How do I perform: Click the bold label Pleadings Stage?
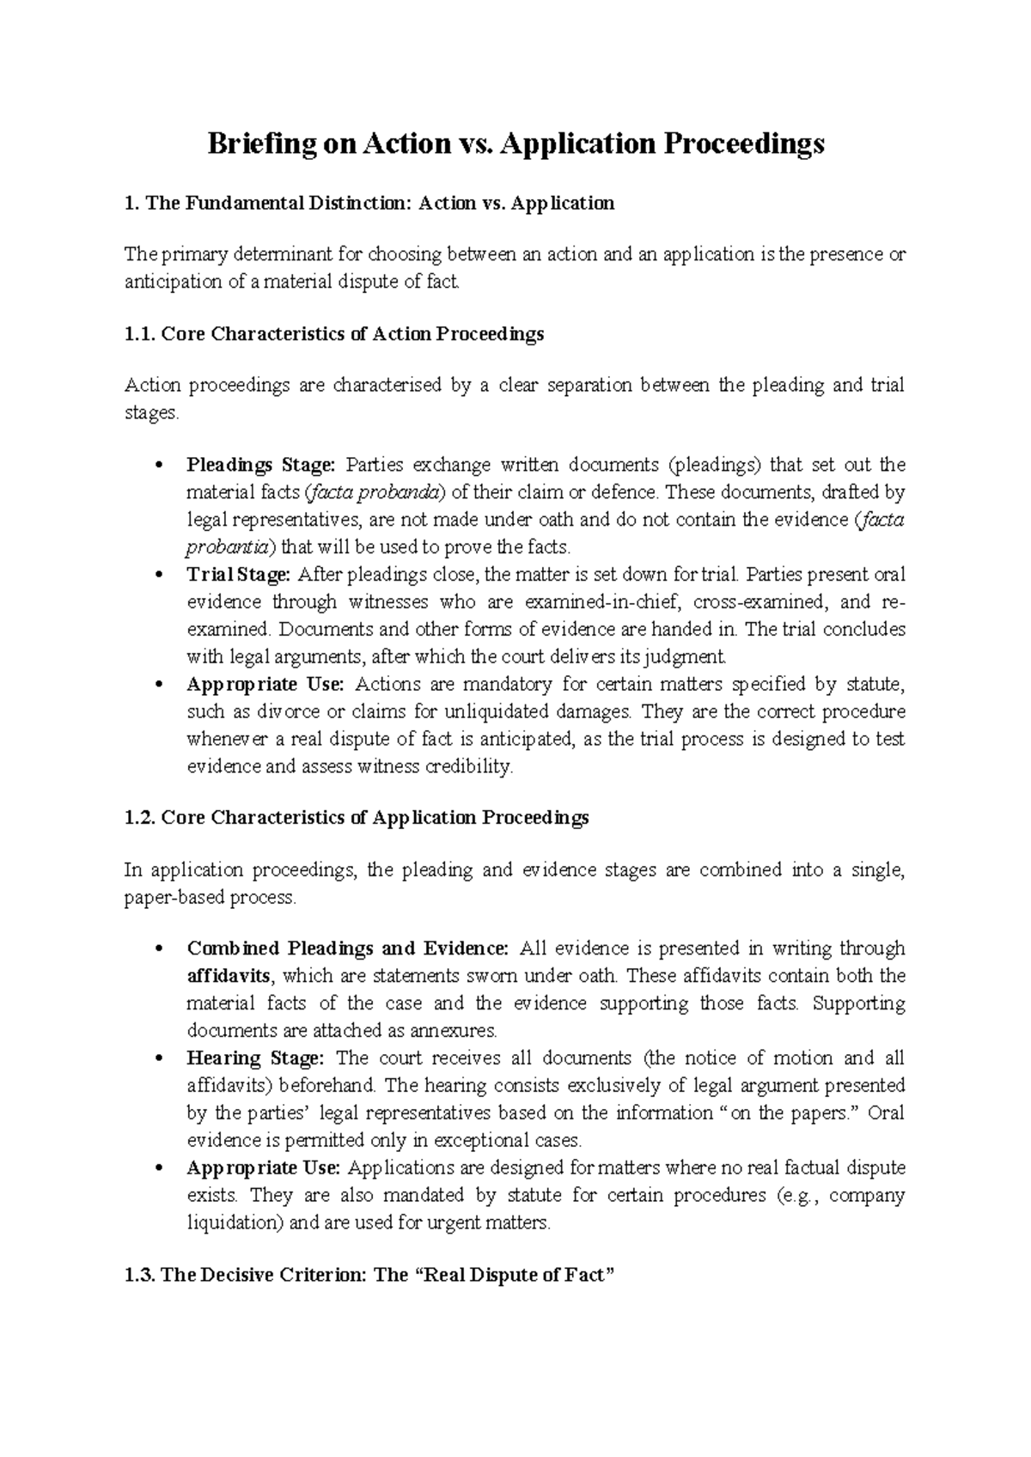260,466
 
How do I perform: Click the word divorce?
255,712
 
